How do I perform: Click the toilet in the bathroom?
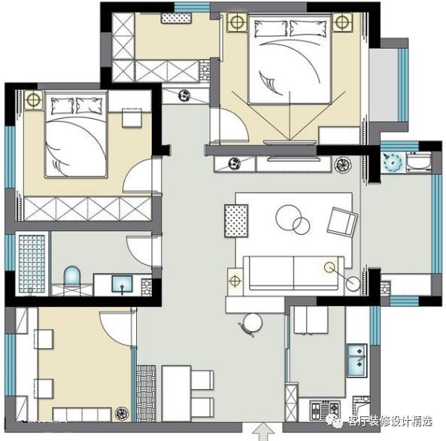click(72, 275)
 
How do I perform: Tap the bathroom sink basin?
click(122, 284)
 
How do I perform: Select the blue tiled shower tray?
click(32, 263)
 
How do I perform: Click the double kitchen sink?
click(356, 360)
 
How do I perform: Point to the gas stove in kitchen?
click(325, 409)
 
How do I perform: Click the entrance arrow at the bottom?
click(264, 432)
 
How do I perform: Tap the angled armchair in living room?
click(342, 222)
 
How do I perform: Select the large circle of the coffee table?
click(288, 217)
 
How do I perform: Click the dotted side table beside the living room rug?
click(236, 220)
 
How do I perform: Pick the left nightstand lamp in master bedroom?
click(236, 22)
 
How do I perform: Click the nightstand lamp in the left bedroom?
click(33, 99)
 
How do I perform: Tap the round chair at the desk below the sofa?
click(251, 324)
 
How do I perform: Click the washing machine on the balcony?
click(418, 162)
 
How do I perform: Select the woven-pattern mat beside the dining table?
click(146, 394)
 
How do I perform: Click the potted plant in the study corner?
click(122, 413)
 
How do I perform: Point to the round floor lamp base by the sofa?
click(353, 284)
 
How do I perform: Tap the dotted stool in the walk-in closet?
click(176, 18)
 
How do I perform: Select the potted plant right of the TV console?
click(343, 165)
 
